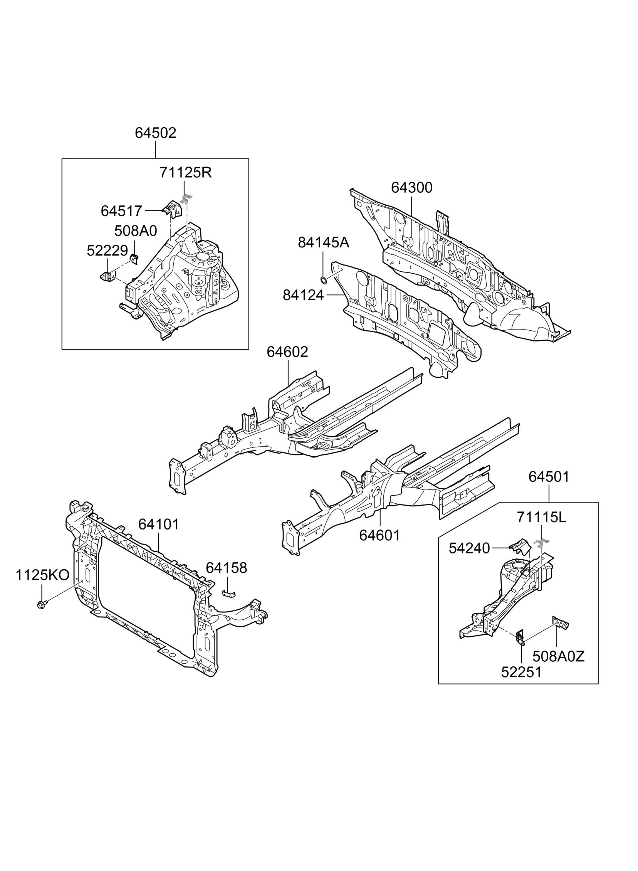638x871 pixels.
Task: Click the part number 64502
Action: coord(155,133)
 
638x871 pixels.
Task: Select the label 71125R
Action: coord(186,173)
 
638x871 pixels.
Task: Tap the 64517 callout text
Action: coord(121,211)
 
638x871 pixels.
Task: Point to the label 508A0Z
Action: coord(559,656)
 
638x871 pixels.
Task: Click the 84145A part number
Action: coord(323,242)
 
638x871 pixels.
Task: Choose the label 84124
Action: coord(303,296)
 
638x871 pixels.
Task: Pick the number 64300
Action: coord(412,188)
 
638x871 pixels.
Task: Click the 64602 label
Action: coord(287,352)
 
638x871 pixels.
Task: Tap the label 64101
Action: coord(159,524)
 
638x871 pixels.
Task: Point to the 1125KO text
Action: coord(42,575)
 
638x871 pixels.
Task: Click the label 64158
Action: coord(226,568)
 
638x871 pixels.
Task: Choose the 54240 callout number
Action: coord(469,548)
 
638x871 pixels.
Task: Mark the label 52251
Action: coord(521,673)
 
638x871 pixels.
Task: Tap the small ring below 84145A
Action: coord(323,279)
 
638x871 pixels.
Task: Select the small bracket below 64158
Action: coord(229,593)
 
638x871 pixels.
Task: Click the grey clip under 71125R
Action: coord(186,199)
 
